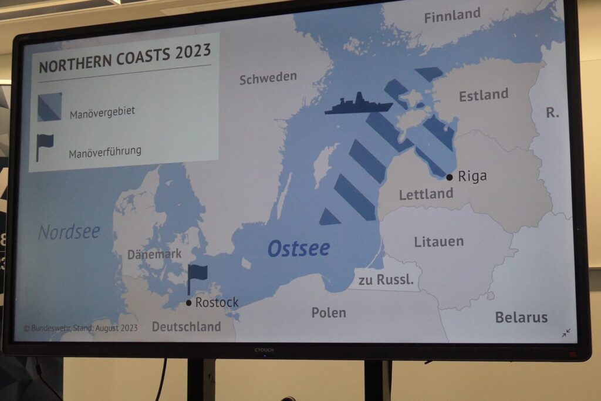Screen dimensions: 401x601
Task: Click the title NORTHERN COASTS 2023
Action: click(124, 58)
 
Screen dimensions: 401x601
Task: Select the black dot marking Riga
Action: click(450, 177)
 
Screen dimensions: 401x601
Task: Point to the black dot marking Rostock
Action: click(188, 303)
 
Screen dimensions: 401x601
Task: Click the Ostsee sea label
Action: click(298, 248)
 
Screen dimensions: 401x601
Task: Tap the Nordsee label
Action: click(69, 232)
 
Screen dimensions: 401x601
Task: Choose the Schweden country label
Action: click(268, 77)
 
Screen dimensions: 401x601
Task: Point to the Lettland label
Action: click(426, 194)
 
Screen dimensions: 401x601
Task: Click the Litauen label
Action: click(438, 241)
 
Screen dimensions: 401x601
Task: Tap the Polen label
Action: click(329, 312)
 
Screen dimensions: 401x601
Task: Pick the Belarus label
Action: click(521, 318)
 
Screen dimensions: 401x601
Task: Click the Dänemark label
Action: click(154, 254)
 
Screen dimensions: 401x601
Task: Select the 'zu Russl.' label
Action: click(386, 280)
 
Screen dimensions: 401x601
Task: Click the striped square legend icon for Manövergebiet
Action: click(49, 107)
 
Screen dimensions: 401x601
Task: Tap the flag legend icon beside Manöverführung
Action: click(45, 146)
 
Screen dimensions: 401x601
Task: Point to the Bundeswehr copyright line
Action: click(80, 328)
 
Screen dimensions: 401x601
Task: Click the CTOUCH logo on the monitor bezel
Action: click(264, 351)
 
